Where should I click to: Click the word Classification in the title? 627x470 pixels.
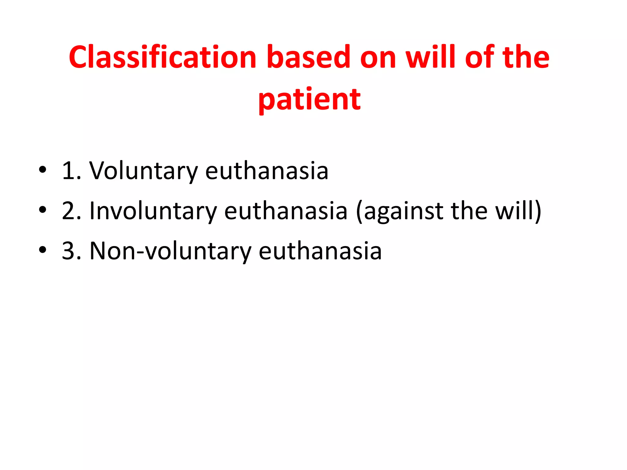coord(162,57)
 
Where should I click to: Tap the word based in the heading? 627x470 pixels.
coord(308,57)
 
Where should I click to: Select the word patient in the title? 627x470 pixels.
coord(310,99)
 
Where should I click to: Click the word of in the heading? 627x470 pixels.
coord(480,57)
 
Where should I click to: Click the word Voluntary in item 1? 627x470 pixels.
coord(144,171)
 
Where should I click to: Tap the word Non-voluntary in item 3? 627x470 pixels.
coord(170,251)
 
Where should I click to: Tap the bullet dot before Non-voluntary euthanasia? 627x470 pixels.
coord(43,250)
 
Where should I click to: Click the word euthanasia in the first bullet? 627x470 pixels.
coord(267,171)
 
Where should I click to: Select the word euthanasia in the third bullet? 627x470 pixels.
coord(320,251)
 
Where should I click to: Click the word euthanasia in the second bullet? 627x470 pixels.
coord(286,211)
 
